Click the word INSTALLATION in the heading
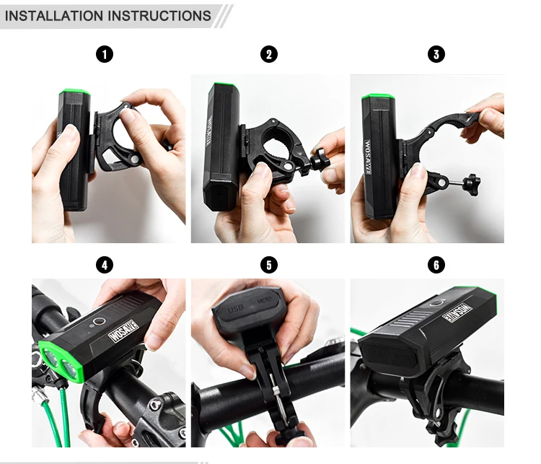[x=53, y=15]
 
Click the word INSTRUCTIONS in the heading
[x=159, y=15]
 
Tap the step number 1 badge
[x=105, y=54]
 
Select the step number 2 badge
[x=268, y=54]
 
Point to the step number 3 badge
[x=436, y=54]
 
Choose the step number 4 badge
[x=105, y=265]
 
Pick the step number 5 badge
[x=268, y=265]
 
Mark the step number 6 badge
[x=436, y=265]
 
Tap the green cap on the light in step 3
[x=377, y=97]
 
